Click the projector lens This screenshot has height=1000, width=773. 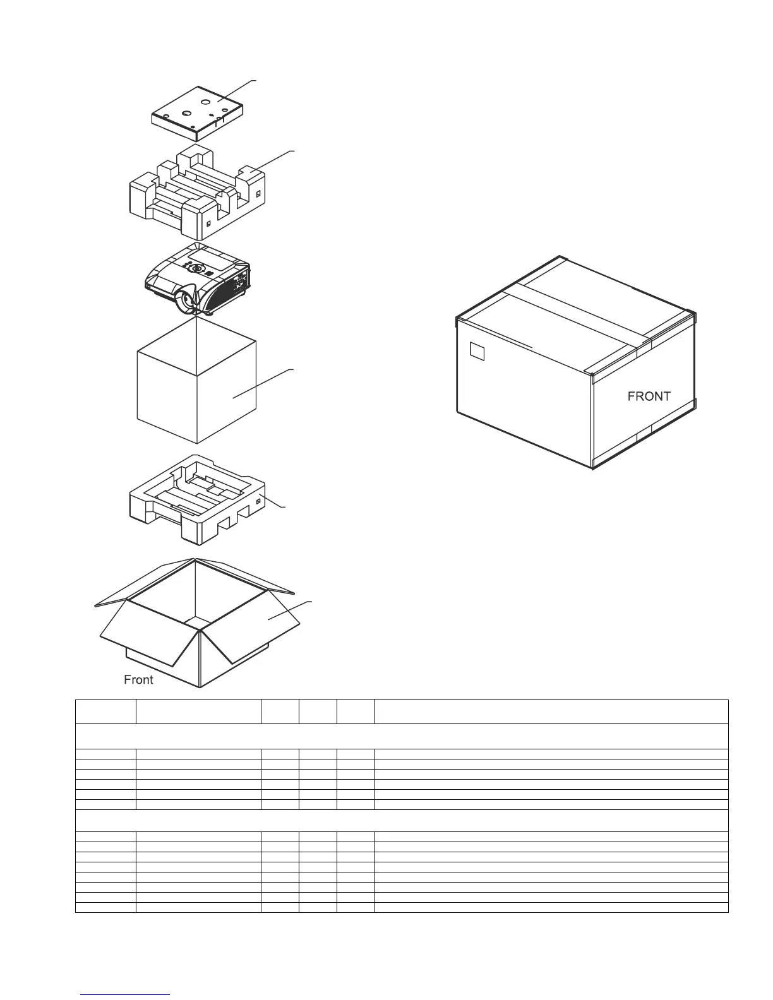[187, 302]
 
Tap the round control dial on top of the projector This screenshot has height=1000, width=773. [197, 268]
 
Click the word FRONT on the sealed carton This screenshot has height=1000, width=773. [649, 396]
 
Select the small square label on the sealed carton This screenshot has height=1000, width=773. [477, 351]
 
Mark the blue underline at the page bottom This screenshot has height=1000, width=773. [125, 995]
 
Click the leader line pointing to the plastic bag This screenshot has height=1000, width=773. [262, 383]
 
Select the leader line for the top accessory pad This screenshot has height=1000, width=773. [237, 90]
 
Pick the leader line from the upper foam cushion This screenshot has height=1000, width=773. [272, 161]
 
